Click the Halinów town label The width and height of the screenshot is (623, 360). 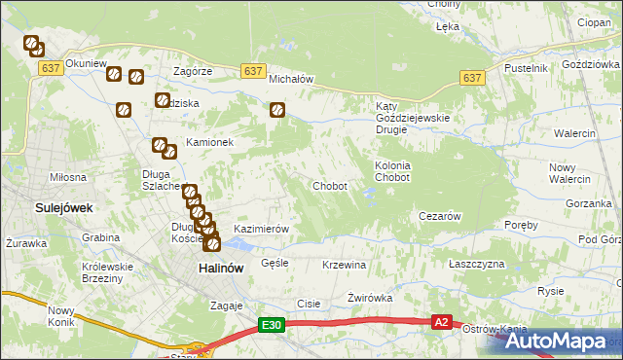220,269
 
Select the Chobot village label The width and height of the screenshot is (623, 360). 329,186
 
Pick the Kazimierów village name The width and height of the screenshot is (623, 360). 262,229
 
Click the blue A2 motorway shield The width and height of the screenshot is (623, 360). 442,322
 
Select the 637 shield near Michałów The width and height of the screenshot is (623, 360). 252,71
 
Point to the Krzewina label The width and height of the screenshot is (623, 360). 344,265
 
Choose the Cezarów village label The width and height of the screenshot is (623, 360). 438,215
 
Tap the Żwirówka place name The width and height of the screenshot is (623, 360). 369,299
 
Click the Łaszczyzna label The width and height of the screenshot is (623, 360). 477,264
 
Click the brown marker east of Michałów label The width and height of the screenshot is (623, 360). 277,111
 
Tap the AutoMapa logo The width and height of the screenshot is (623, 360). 558,341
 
